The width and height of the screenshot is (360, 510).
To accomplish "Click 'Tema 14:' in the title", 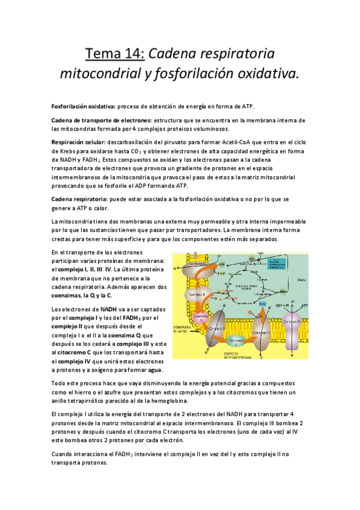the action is [x=114, y=55].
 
